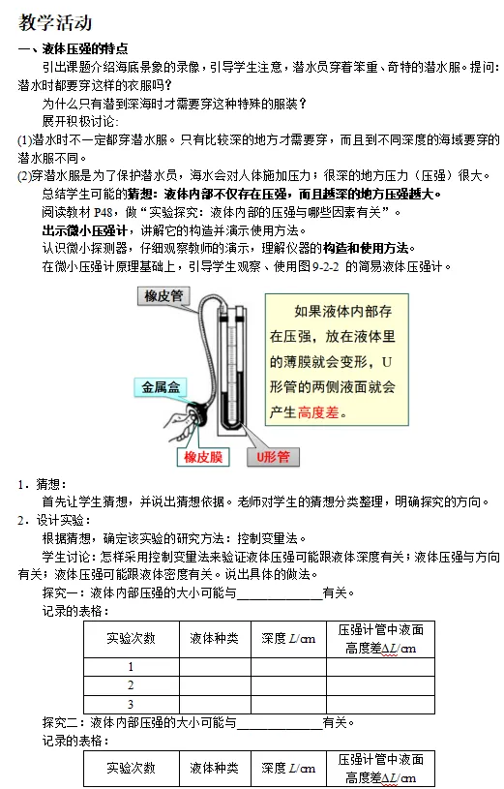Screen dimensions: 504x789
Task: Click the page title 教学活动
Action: [55, 22]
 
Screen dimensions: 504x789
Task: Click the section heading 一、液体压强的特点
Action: [74, 48]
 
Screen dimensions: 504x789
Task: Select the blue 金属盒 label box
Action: [161, 387]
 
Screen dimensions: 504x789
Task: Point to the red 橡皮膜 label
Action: [203, 457]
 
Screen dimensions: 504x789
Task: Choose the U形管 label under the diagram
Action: [273, 457]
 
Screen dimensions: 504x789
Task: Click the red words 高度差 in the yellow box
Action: [318, 413]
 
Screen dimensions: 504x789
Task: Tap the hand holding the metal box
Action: [180, 421]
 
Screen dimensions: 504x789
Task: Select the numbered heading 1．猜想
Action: [43, 485]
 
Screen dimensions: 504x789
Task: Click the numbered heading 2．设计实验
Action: [54, 520]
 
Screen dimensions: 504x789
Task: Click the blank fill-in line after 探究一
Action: [280, 599]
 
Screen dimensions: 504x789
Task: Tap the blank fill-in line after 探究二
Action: [280, 729]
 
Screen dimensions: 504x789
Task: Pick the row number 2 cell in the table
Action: [132, 685]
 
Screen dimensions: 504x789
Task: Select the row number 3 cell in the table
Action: [132, 705]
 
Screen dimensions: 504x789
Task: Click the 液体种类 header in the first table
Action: [215, 639]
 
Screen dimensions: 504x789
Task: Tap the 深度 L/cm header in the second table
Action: [288, 769]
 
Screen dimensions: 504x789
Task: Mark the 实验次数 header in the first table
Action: [132, 639]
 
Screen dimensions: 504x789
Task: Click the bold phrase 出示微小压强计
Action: [84, 231]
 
